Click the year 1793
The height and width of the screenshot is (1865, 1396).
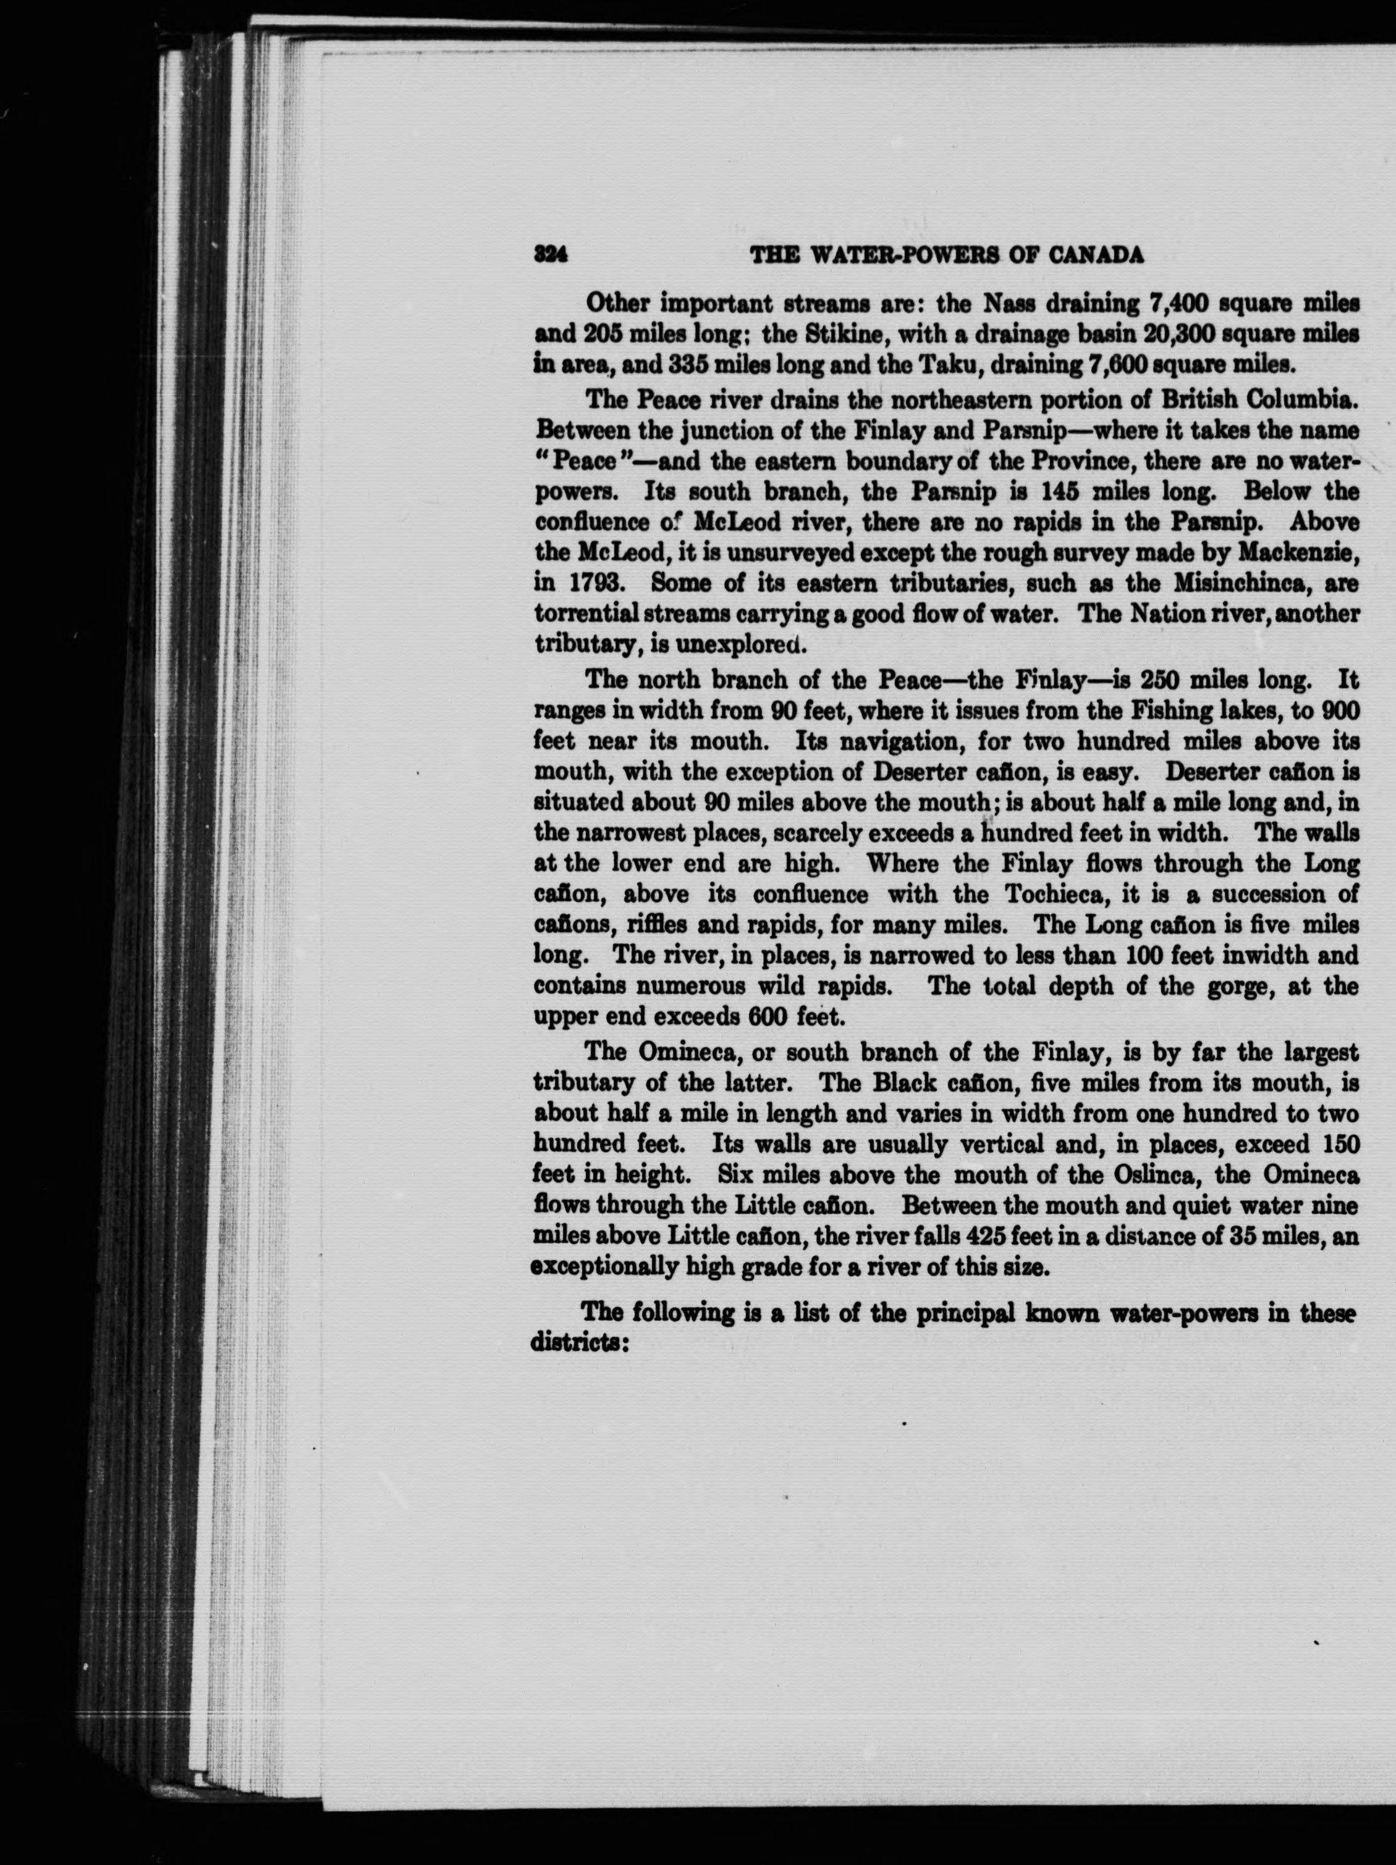click(599, 583)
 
